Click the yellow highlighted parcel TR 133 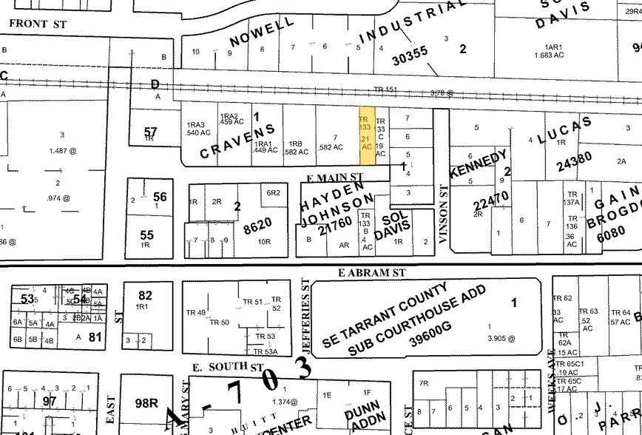tap(365, 133)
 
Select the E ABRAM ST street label tap(373, 272)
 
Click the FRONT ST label tap(38, 24)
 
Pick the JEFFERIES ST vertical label tap(304, 314)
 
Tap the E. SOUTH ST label tap(227, 367)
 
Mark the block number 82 tap(145, 295)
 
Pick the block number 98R tap(144, 403)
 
